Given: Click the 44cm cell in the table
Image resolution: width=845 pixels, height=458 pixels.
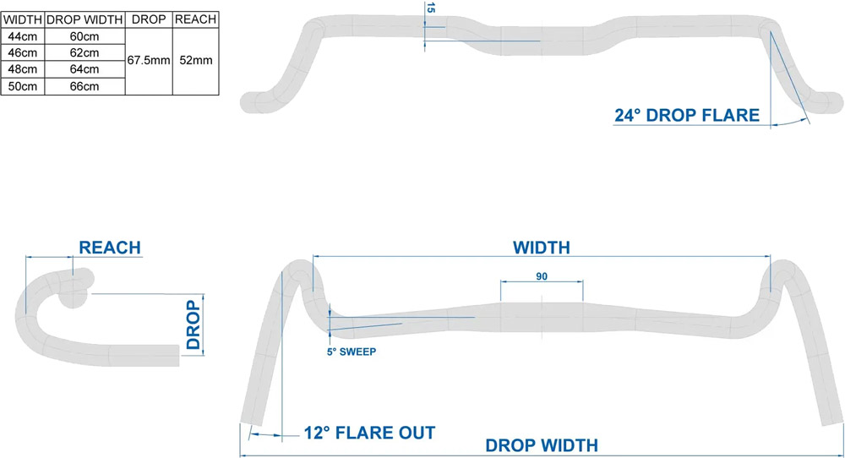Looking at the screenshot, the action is click(x=23, y=36).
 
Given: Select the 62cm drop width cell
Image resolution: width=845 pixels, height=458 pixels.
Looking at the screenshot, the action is click(x=84, y=52).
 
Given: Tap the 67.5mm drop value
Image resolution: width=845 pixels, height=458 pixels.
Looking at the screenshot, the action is click(x=149, y=60).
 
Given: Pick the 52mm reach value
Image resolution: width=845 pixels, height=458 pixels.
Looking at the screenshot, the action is click(x=196, y=60).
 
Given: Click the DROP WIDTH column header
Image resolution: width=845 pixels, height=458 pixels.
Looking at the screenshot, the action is click(x=84, y=20).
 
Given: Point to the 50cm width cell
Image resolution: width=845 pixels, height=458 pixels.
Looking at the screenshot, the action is click(x=23, y=86).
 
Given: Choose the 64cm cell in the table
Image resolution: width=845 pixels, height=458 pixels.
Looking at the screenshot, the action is click(x=84, y=69).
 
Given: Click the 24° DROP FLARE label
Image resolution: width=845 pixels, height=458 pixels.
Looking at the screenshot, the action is click(x=687, y=115).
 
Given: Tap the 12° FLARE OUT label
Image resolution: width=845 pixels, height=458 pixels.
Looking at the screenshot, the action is click(x=370, y=433).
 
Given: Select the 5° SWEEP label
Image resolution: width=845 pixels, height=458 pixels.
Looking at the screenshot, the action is click(x=352, y=352).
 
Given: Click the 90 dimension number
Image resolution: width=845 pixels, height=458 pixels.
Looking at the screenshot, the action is click(x=542, y=276).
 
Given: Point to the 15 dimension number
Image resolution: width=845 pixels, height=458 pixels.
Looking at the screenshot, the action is click(x=430, y=8).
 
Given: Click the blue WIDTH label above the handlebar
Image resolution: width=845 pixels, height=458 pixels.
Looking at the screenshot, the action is click(x=542, y=248).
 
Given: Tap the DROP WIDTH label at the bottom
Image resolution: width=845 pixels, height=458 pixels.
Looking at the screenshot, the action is click(x=542, y=445).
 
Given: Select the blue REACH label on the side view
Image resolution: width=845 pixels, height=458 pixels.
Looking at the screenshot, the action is click(x=110, y=248).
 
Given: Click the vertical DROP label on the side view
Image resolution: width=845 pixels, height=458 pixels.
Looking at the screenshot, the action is click(x=193, y=325).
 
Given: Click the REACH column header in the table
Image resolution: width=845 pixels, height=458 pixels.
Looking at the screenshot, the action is click(x=196, y=19).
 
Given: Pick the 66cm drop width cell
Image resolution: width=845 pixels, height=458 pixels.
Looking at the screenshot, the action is click(x=84, y=86).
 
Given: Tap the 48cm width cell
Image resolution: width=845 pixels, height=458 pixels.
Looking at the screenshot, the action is click(x=23, y=69).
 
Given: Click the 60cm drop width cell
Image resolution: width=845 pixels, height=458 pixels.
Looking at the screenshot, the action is click(x=84, y=36).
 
